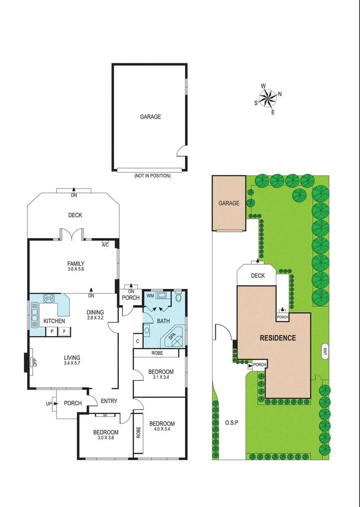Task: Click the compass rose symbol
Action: click(x=268, y=98)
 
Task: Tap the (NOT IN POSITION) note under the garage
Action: click(x=152, y=176)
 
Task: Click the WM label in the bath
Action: click(x=150, y=296)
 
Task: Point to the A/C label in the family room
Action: click(x=105, y=245)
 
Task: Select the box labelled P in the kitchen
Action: click(x=52, y=331)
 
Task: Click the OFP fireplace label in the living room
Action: click(x=34, y=362)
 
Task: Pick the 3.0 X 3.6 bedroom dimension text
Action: click(x=106, y=438)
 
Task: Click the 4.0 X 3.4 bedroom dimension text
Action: click(x=162, y=429)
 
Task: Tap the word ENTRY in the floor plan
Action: click(x=109, y=401)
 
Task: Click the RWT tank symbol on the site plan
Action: click(x=324, y=352)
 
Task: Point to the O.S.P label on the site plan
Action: click(x=231, y=422)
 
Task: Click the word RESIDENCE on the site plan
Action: click(x=278, y=338)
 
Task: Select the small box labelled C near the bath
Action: click(x=138, y=341)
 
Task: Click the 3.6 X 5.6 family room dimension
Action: click(x=75, y=269)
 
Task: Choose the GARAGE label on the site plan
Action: click(x=229, y=203)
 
